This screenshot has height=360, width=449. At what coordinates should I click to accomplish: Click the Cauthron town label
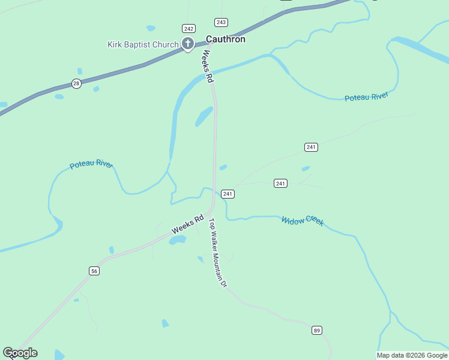(x=225, y=39)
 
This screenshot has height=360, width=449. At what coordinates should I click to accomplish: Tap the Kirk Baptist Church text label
(x=143, y=44)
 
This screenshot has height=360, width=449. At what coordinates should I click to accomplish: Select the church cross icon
(x=188, y=43)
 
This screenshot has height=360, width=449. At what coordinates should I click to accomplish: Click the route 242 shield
(x=189, y=28)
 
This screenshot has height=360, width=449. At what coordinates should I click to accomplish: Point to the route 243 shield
(x=221, y=22)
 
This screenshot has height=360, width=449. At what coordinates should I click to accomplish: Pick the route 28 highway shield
(x=76, y=83)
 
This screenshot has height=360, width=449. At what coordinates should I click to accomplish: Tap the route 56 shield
(x=94, y=271)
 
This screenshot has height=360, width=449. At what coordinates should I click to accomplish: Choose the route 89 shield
(x=317, y=330)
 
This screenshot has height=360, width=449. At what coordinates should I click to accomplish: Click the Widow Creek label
(x=303, y=221)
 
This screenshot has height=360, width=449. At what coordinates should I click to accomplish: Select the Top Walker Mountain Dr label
(x=217, y=253)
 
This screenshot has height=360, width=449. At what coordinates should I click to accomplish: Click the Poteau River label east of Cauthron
(x=366, y=97)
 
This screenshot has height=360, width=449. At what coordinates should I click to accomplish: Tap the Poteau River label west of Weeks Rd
(x=91, y=164)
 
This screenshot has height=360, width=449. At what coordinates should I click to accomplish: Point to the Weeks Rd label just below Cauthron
(x=207, y=66)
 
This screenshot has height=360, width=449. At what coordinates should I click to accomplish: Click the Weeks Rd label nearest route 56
(x=188, y=224)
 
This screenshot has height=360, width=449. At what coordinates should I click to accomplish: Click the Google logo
(x=20, y=353)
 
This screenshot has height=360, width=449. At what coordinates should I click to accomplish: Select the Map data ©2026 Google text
(x=412, y=355)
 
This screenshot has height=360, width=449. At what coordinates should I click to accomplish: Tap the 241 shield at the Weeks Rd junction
(x=228, y=194)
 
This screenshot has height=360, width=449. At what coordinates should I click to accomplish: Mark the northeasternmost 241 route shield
(x=311, y=147)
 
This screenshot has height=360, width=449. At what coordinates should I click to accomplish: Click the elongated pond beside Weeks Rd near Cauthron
(x=204, y=116)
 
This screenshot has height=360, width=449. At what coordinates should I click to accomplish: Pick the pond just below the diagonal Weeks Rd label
(x=177, y=240)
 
